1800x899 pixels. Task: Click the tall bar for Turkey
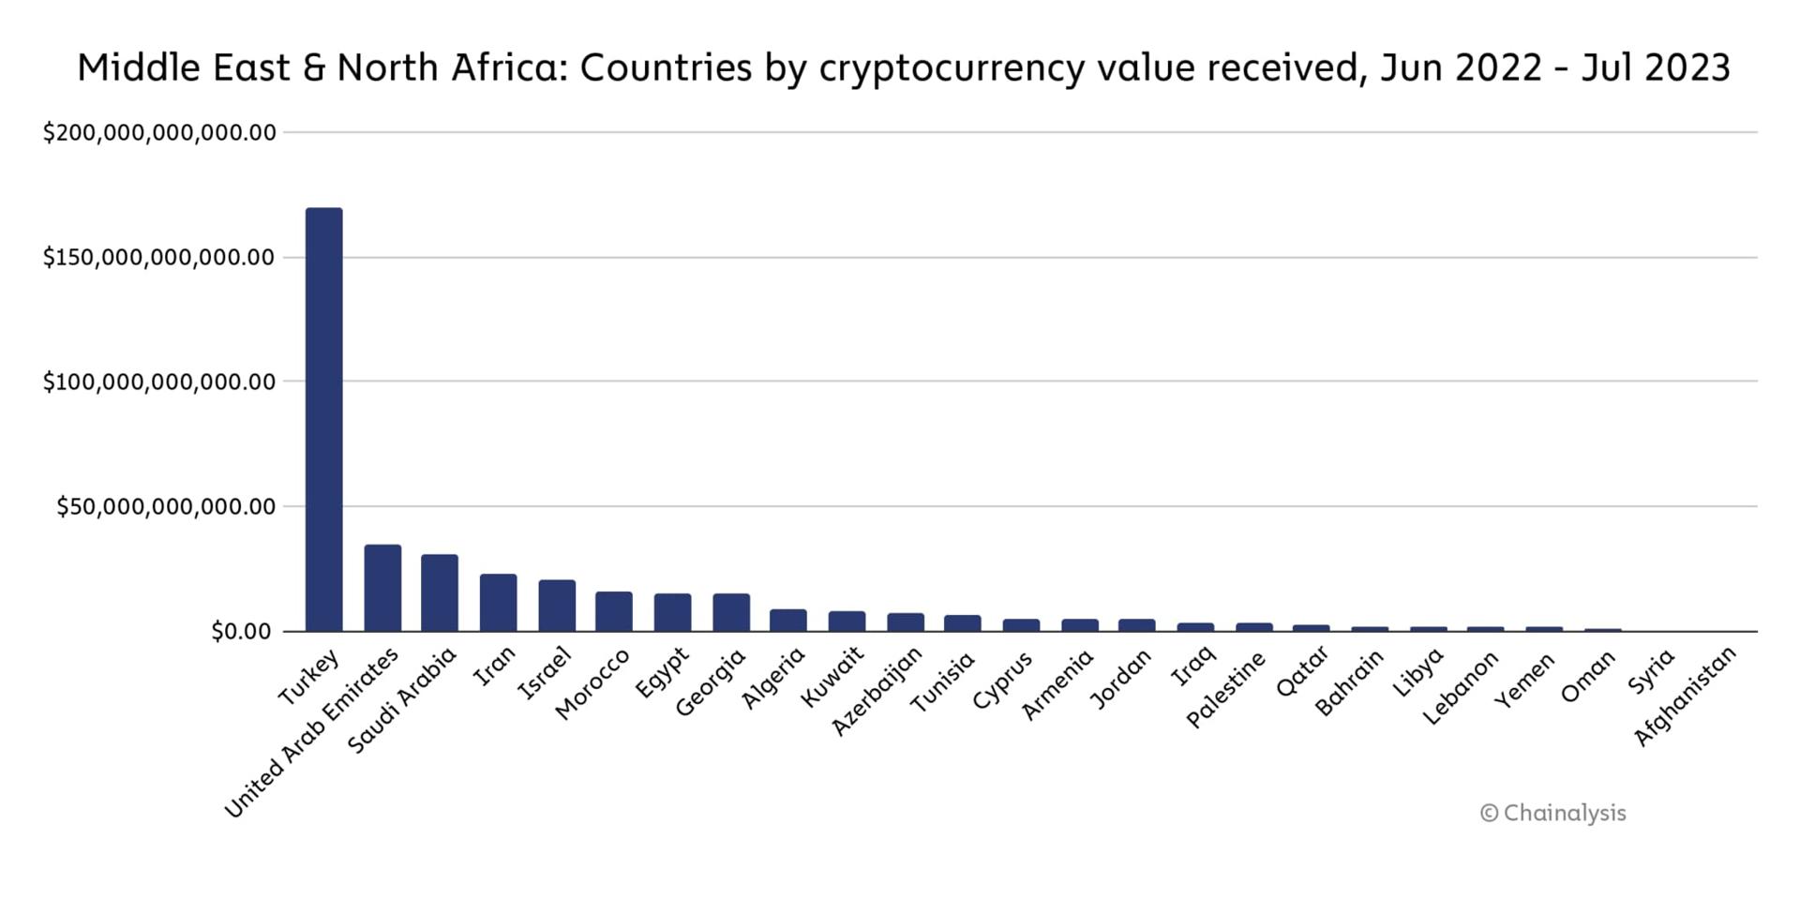(324, 419)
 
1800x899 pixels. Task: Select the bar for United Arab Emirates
(382, 588)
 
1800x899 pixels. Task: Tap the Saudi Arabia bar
(440, 592)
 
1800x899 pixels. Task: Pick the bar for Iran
(498, 603)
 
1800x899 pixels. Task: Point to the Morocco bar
(614, 611)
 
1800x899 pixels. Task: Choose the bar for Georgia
(731, 612)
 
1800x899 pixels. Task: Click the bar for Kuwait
(847, 621)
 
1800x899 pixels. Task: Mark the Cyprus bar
(1021, 624)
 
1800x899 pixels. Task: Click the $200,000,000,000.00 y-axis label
(159, 133)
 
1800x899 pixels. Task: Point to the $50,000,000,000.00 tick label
(166, 507)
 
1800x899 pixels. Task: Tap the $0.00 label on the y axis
(241, 632)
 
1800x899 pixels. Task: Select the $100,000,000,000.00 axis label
(159, 382)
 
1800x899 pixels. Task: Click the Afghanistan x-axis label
(1686, 697)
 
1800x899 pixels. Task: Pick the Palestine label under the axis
(1226, 689)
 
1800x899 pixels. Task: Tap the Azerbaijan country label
(877, 691)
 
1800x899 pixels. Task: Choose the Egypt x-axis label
(663, 672)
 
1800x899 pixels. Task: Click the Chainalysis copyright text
(1552, 814)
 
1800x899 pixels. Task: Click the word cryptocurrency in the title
(950, 68)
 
